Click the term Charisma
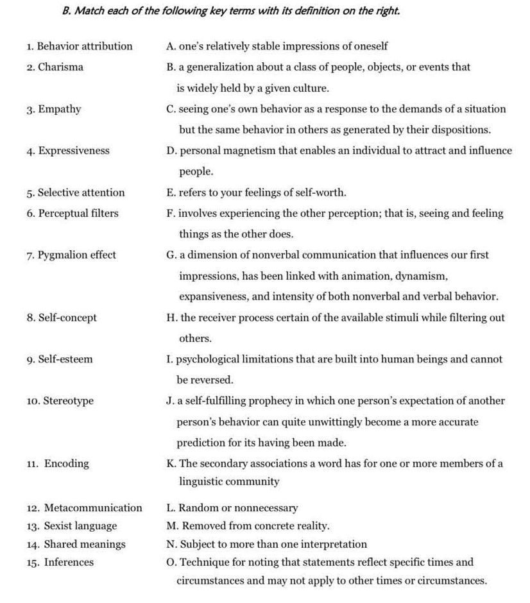60,67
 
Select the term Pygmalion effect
76,255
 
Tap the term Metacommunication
93,508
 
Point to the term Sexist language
80,526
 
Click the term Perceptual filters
78,214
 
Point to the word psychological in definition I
205,359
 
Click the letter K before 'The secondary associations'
169,464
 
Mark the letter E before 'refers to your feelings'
169,192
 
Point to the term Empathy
59,109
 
